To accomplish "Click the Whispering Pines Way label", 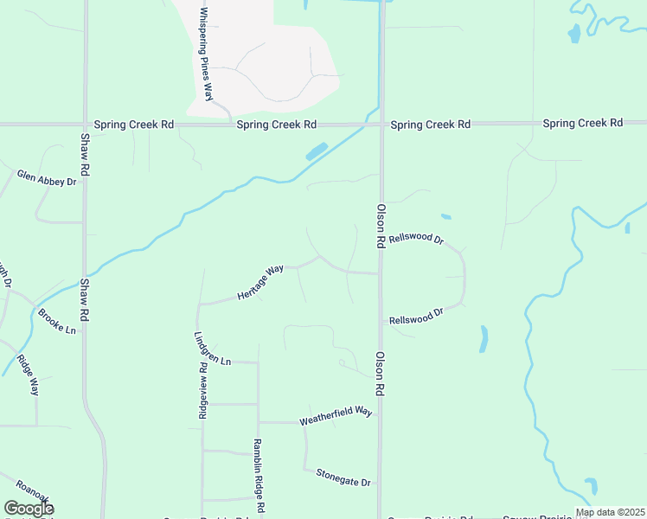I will (x=207, y=54).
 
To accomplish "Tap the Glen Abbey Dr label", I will (x=47, y=178).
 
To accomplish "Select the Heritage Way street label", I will (x=261, y=283).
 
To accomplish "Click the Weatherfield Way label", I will (x=336, y=417).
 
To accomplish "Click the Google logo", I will (x=28, y=509).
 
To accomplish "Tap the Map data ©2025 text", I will (x=610, y=512).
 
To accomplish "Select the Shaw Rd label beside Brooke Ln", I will (x=85, y=300).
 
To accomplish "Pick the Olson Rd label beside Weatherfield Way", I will (x=379, y=374).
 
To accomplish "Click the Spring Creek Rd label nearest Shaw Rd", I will (x=134, y=125).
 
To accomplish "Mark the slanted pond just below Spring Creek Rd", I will (x=316, y=151).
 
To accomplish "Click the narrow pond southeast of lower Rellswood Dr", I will (x=484, y=338).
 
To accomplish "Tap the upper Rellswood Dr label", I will (x=416, y=239).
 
